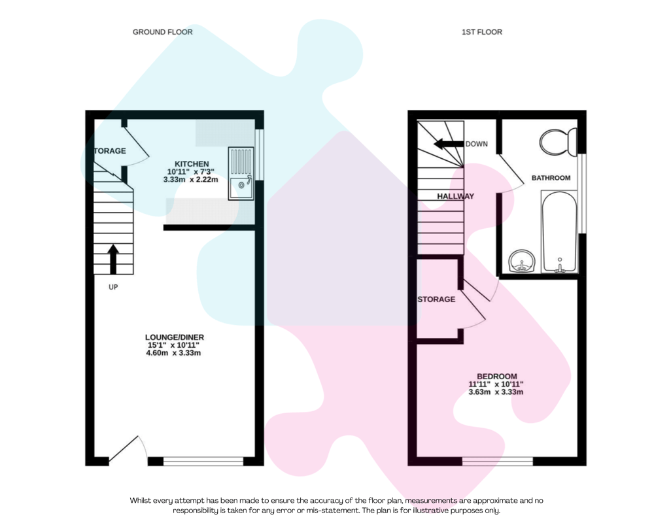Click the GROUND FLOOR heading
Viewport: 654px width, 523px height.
(163, 32)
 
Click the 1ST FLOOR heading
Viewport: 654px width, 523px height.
(482, 32)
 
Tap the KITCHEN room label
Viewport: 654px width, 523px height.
(192, 164)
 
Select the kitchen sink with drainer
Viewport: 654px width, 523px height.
(241, 173)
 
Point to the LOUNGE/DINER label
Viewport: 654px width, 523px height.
(175, 337)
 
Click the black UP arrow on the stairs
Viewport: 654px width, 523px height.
(113, 259)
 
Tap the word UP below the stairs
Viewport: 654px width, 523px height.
(113, 287)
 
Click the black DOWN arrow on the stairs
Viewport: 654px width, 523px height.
(449, 144)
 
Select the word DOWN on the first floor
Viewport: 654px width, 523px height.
(476, 144)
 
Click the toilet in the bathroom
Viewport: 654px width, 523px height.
(558, 142)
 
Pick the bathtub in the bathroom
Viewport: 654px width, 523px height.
(560, 231)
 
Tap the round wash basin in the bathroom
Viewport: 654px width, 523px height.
(522, 261)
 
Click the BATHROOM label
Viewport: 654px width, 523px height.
(551, 178)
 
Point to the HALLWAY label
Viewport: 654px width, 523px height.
(455, 196)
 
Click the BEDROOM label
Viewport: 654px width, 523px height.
(497, 376)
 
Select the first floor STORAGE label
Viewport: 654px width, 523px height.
(436, 299)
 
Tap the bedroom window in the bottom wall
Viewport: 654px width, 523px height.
(498, 462)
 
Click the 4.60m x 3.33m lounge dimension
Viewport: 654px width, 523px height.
(173, 353)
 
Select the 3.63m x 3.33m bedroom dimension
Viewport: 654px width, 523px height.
(496, 392)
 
